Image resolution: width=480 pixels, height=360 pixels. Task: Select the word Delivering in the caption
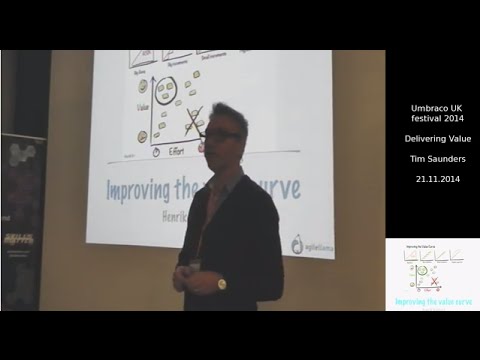pos(419,138)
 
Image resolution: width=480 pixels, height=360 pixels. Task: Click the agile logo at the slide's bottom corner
pos(310,244)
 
